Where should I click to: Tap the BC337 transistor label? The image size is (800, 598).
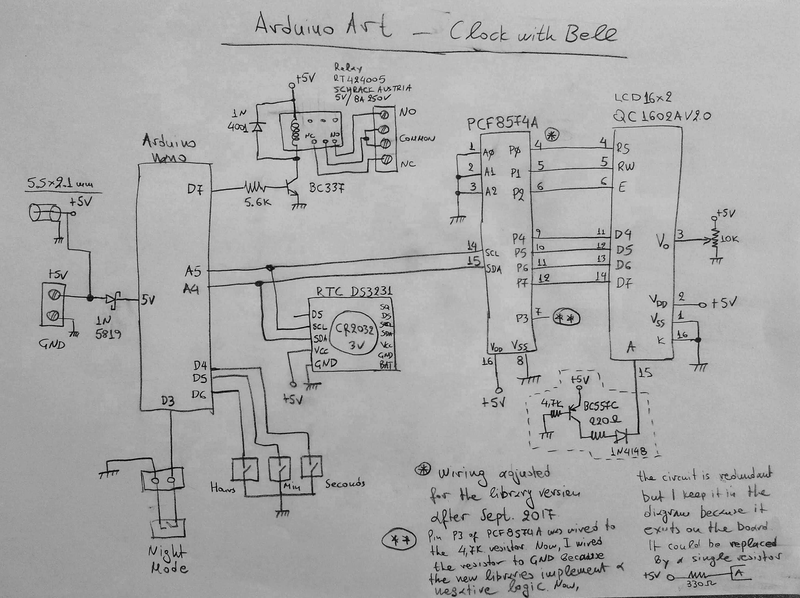[x=327, y=188]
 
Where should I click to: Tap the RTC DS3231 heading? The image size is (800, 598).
[x=354, y=291]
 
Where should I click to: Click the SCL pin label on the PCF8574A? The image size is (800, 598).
[x=492, y=253]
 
